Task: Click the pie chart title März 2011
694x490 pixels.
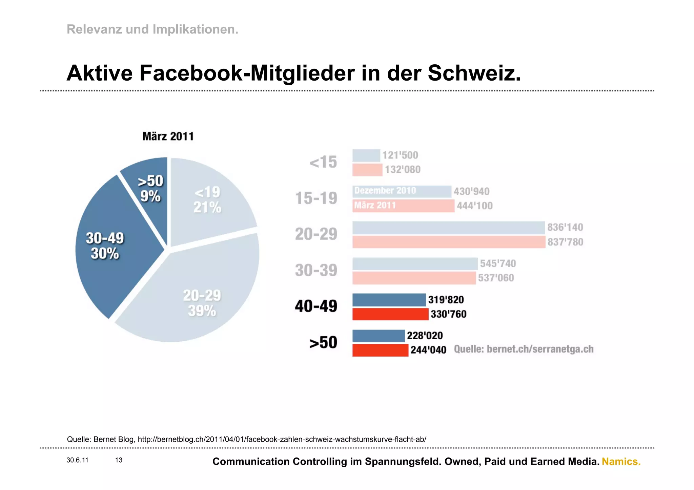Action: pyautogui.click(x=168, y=136)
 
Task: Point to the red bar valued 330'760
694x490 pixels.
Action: pyautogui.click(x=390, y=314)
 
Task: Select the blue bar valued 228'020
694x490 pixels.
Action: pyautogui.click(x=379, y=336)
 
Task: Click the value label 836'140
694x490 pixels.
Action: pyautogui.click(x=565, y=227)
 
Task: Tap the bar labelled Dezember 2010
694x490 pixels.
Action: pyautogui.click(x=402, y=191)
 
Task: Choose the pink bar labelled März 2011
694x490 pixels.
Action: pyautogui.click(x=403, y=206)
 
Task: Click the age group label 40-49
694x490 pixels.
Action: pyautogui.click(x=316, y=306)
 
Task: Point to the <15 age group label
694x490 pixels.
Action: pyautogui.click(x=323, y=162)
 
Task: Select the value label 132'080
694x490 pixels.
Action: pyautogui.click(x=403, y=169)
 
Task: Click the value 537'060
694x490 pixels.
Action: pyautogui.click(x=496, y=278)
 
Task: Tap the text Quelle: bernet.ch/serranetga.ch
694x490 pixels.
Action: pyautogui.click(x=524, y=349)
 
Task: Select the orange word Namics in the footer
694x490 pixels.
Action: pyautogui.click(x=621, y=462)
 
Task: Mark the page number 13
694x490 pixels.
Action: pyautogui.click(x=119, y=460)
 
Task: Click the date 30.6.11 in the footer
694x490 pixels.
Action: pyautogui.click(x=77, y=460)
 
